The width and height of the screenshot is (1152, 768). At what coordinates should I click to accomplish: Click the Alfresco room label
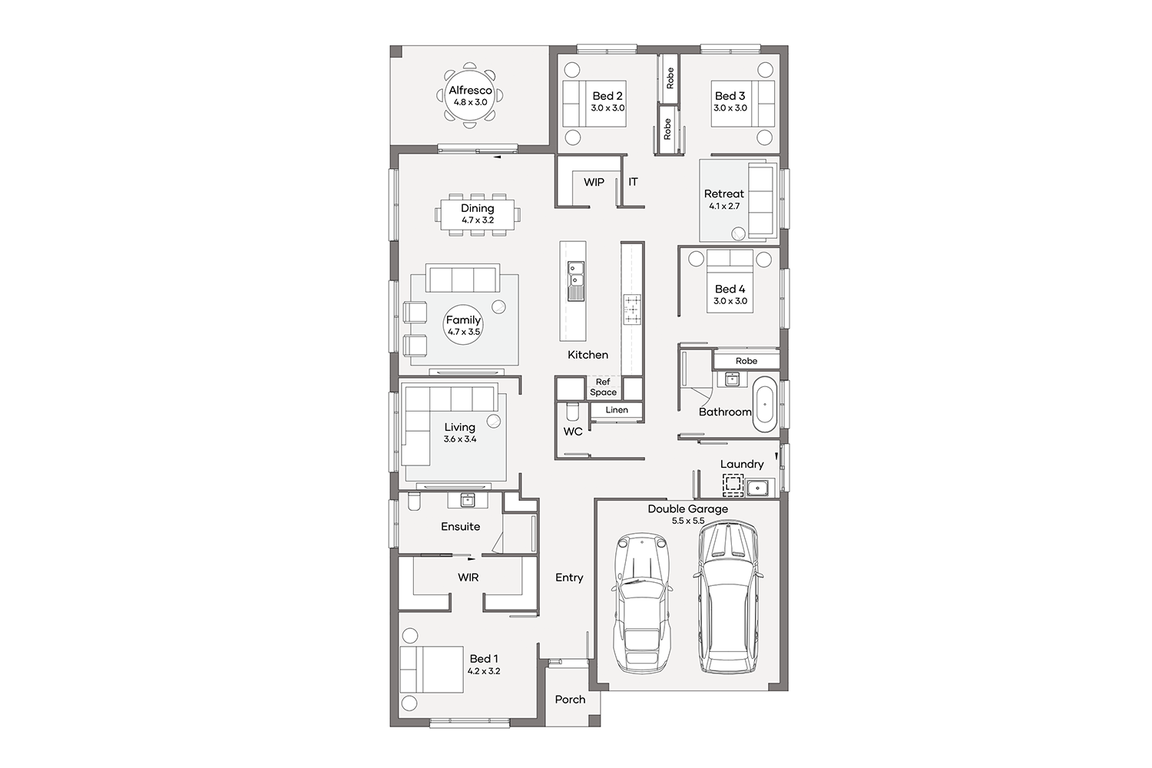470,91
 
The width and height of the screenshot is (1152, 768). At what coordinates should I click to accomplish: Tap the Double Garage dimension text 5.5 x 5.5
687,521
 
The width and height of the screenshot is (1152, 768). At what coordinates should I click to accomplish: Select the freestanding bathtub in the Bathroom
765,404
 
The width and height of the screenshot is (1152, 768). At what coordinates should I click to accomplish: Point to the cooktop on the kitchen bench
632,310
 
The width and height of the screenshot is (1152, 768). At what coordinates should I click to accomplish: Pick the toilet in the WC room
572,412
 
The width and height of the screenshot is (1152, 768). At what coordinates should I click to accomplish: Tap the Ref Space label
603,387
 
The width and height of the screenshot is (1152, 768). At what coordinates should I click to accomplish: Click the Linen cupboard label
617,410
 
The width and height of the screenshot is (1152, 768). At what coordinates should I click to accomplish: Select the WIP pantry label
594,182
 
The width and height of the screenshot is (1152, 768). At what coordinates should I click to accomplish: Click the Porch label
570,700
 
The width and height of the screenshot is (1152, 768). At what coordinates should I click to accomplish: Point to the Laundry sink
757,488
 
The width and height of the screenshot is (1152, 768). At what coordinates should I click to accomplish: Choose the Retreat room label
723,194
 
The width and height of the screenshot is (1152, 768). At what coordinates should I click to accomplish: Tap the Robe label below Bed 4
746,361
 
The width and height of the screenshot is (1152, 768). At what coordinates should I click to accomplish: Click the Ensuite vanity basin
467,500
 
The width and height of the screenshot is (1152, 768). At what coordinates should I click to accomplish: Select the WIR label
468,578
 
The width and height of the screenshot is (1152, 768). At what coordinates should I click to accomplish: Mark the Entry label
569,578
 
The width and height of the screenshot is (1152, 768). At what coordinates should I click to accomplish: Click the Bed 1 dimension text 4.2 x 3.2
483,671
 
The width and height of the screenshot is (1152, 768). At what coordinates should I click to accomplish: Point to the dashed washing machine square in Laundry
733,485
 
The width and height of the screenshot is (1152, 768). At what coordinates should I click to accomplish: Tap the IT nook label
633,182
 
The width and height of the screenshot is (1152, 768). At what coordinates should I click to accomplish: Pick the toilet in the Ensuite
414,502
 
